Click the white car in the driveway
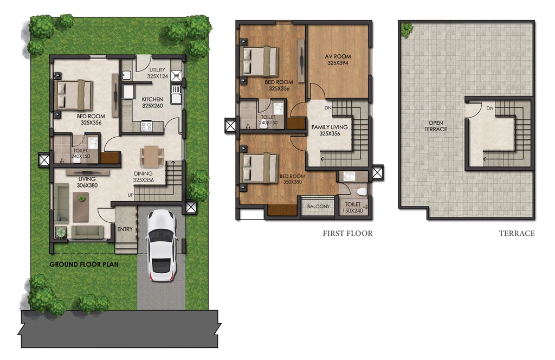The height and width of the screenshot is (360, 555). [x=161, y=245]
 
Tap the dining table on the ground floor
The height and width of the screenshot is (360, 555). [x=152, y=157]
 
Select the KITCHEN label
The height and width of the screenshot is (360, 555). [x=152, y=99]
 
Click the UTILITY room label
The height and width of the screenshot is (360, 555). [x=157, y=70]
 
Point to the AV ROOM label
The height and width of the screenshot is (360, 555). [x=338, y=56]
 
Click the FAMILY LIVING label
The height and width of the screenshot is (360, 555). [x=330, y=127]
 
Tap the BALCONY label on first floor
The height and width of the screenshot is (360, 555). [x=318, y=207]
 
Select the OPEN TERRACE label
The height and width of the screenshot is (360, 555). [x=436, y=126]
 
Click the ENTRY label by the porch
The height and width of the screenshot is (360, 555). [x=125, y=229]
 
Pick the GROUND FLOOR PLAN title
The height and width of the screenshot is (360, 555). [x=84, y=265]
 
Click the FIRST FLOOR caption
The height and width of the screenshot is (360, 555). [x=347, y=233]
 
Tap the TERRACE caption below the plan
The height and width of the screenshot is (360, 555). [x=517, y=233]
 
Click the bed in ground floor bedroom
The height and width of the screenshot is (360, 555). [x=74, y=95]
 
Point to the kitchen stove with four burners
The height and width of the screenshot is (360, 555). [x=146, y=126]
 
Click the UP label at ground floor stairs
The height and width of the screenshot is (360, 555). [x=131, y=195]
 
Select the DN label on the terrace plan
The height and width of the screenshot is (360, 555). [x=490, y=108]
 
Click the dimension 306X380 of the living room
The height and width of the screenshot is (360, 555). [x=87, y=185]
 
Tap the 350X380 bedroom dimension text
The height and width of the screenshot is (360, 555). [x=292, y=182]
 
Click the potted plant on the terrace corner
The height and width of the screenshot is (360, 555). [x=406, y=28]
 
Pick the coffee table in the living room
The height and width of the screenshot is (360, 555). [x=81, y=207]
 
